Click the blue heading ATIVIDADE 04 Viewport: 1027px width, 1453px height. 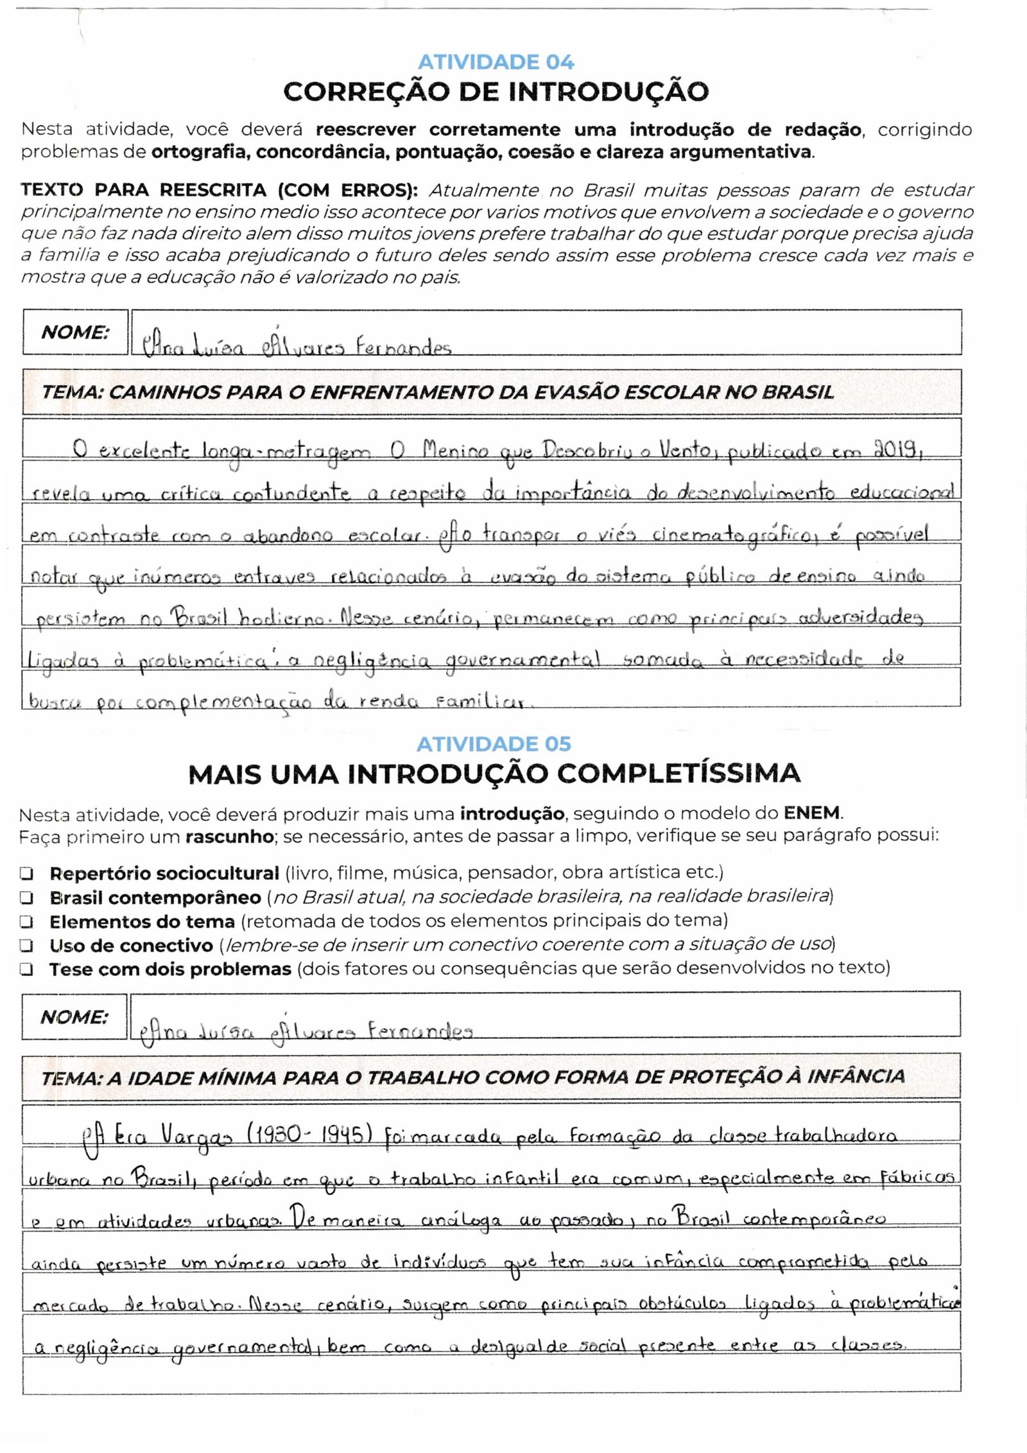coord(496,62)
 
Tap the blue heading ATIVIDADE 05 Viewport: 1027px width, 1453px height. coord(494,744)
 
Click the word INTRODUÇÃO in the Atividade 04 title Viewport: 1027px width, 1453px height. coord(608,92)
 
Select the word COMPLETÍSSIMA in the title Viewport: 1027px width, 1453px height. coord(679,774)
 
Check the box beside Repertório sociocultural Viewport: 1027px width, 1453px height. coord(27,874)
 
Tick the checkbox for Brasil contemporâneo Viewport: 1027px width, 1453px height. coord(27,898)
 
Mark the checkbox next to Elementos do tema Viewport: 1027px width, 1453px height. coord(27,922)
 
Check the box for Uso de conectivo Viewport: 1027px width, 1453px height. coord(27,946)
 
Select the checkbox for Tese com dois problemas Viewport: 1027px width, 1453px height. coord(27,970)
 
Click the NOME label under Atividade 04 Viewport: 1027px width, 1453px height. coord(75,333)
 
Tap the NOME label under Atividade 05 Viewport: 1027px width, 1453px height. coord(74,1017)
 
